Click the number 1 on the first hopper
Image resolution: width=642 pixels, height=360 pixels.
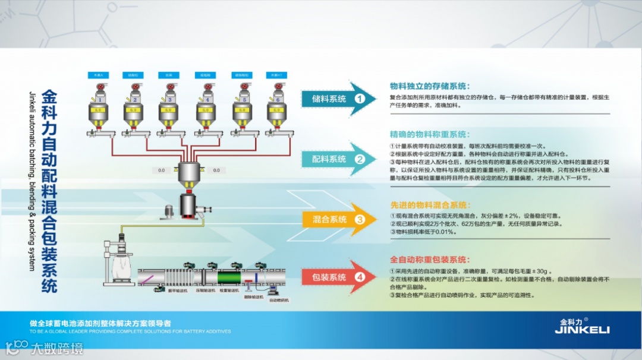tap(100, 100)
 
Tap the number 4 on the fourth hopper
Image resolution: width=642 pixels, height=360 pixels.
tap(207, 100)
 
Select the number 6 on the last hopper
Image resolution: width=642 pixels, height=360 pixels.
tap(276, 100)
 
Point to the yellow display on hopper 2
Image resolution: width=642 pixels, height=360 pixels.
tap(134, 110)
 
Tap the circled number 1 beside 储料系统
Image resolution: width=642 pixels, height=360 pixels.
tap(359, 99)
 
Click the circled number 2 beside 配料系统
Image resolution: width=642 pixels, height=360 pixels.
tap(359, 159)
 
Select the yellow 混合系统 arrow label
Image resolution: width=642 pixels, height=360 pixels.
tap(330, 220)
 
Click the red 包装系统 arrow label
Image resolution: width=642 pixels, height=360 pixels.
tap(329, 277)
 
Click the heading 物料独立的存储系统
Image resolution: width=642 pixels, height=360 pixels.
tap(430, 86)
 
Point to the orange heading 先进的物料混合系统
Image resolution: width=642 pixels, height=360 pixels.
tap(430, 205)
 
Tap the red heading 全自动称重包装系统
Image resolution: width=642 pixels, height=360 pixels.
tap(430, 260)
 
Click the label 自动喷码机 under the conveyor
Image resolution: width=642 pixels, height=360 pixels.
tap(279, 301)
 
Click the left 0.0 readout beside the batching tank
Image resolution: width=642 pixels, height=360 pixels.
tap(162, 170)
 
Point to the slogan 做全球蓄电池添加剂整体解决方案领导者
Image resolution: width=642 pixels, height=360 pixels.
tap(100, 324)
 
